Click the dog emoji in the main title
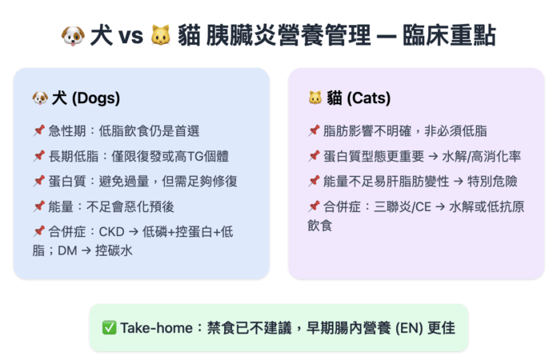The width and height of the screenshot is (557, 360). pos(73,36)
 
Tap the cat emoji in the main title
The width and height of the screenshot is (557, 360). pos(161,35)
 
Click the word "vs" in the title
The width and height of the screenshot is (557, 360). pos(130,36)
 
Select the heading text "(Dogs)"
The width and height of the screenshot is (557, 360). pos(96,98)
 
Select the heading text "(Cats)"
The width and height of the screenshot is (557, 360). pos(369,98)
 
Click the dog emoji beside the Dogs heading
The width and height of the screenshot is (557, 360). pos(40,98)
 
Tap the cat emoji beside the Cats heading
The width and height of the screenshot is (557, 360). pos(315,98)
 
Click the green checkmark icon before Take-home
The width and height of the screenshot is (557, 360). pos(109,328)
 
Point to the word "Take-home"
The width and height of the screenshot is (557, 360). pos(156,328)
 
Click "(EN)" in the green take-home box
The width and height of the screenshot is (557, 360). pos(409,329)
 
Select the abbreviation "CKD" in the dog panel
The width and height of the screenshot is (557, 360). pos(111,232)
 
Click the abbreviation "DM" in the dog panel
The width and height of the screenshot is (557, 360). pos(67,251)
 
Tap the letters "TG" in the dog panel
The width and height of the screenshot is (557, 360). pos(195,156)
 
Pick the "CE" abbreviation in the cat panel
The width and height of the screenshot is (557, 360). pos(423,206)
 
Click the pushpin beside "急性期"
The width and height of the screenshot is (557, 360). pos(39,130)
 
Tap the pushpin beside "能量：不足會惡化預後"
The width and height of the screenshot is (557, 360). pos(39,206)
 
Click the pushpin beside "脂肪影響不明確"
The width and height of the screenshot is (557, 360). pos(314,130)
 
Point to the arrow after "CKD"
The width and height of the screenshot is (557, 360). pos(134,232)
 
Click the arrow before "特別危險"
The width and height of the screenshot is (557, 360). pos(459,182)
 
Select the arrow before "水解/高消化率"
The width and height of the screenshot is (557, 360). pos(433,157)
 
